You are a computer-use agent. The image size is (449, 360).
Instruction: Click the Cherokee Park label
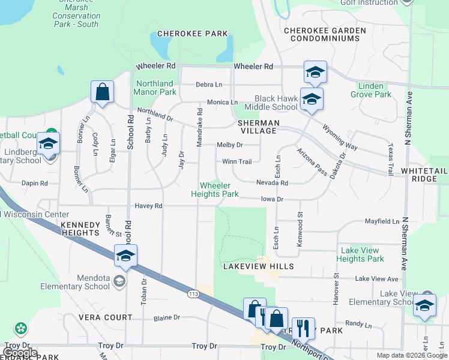[x=193, y=34]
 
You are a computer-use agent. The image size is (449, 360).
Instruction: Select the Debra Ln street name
[x=208, y=85]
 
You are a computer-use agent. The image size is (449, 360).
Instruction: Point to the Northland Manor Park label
[x=156, y=88]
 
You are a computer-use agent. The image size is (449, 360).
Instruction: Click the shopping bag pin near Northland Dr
[x=103, y=93]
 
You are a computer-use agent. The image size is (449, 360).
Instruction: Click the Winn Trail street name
[x=237, y=161]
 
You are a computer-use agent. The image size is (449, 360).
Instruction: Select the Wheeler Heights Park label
[x=215, y=190]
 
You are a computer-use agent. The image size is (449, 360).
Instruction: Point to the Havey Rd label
[x=148, y=206]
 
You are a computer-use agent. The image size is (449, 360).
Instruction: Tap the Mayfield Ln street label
[x=382, y=221]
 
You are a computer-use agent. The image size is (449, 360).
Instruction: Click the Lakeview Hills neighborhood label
[x=258, y=266]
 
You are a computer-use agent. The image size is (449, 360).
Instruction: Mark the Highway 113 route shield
[x=193, y=293]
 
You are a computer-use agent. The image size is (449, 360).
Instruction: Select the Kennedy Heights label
[x=80, y=229]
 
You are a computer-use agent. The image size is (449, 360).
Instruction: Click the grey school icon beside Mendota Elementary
[x=119, y=281]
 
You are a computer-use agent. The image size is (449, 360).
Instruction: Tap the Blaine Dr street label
[x=167, y=318]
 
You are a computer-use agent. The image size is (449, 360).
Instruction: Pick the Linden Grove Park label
[x=370, y=90]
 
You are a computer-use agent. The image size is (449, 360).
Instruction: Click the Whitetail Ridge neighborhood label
[x=424, y=175]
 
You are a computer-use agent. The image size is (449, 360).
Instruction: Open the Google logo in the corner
[x=20, y=353]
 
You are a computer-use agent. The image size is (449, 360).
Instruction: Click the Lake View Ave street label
[x=376, y=279]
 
